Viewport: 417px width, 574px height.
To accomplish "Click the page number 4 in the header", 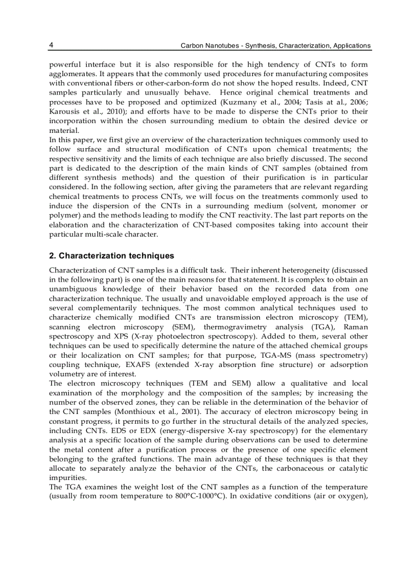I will pyautogui.click(x=51, y=45).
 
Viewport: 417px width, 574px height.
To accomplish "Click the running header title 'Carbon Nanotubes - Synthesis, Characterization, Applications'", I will pyautogui.click(x=275, y=45).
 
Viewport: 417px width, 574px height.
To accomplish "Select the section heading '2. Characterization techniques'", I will pyautogui.click(x=111, y=256).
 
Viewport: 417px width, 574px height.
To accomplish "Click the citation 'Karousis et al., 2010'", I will pyautogui.click(x=81, y=111).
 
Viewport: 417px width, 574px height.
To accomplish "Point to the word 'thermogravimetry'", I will pyautogui.click(x=235, y=327).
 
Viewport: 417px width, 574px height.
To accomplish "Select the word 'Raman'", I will pyautogui.click(x=356, y=327).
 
